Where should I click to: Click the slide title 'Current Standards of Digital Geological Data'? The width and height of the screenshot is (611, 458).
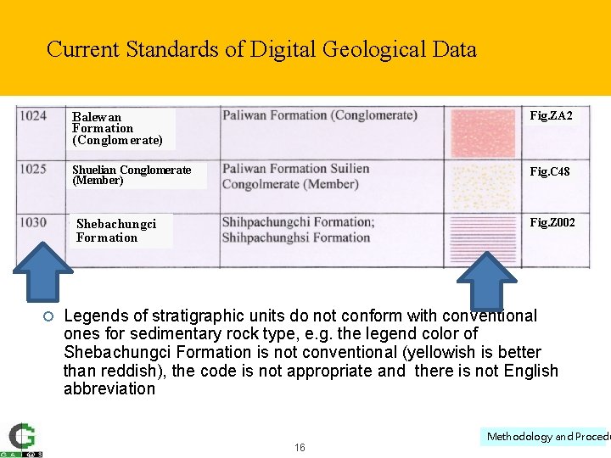[261, 49]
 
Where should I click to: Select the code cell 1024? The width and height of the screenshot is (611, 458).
[33, 115]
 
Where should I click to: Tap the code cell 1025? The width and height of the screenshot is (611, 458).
[33, 169]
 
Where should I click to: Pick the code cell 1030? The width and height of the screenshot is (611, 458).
[33, 222]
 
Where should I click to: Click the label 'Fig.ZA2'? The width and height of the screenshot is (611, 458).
[551, 115]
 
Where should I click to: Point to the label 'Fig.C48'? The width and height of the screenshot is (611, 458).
[550, 171]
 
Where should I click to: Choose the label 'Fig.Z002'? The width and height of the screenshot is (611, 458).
[552, 223]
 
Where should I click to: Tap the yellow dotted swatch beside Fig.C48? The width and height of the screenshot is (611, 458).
[483, 181]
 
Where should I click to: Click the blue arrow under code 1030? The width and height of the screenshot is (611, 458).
[42, 271]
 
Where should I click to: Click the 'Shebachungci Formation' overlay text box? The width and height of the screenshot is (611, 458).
[116, 231]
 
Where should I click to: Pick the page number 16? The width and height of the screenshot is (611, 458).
[300, 447]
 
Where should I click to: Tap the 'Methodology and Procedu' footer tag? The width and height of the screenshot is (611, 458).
[548, 436]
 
